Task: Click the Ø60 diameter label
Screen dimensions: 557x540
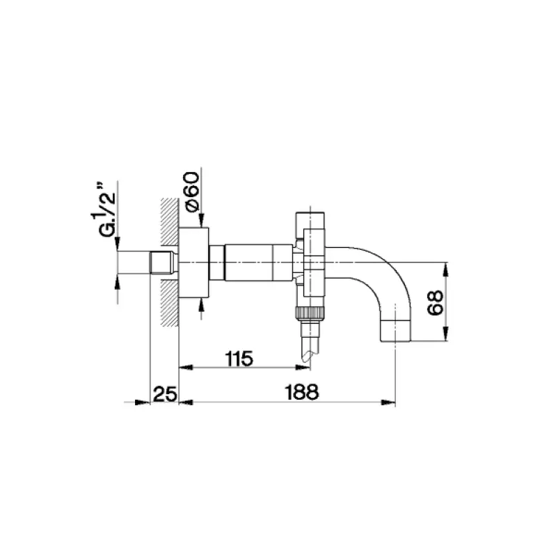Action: [x=193, y=192]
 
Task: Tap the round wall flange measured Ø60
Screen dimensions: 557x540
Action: [x=194, y=262]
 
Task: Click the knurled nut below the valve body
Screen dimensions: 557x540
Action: [x=311, y=312]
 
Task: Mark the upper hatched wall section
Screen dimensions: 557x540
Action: [x=169, y=222]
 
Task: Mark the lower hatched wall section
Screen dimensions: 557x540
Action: [x=169, y=303]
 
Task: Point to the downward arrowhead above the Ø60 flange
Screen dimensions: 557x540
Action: [x=200, y=221]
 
